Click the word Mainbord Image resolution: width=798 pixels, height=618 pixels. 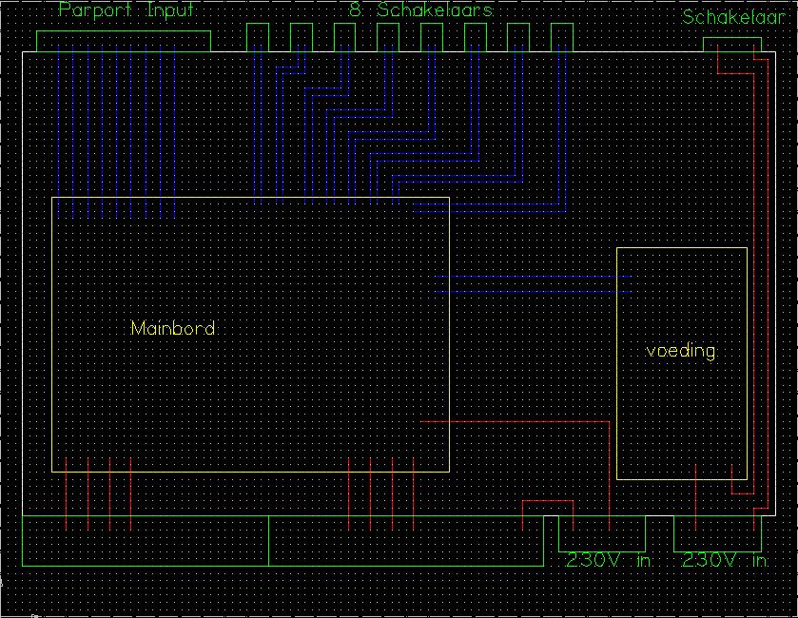[173, 328]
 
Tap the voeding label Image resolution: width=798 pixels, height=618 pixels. [681, 351]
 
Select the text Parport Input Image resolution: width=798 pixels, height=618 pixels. [127, 10]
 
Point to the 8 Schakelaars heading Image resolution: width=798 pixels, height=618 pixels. [421, 10]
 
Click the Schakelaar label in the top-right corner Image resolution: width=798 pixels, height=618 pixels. [733, 17]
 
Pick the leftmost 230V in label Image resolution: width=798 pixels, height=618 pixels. [609, 560]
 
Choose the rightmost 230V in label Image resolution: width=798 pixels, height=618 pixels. [725, 560]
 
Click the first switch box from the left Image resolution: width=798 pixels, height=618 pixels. [258, 24]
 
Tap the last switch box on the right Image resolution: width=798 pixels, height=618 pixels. [562, 24]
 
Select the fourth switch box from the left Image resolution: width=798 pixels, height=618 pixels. [388, 24]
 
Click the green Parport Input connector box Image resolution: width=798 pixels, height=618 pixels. [124, 31]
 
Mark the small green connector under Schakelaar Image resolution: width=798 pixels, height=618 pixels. [732, 38]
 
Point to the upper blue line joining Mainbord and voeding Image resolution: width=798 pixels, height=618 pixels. [533, 277]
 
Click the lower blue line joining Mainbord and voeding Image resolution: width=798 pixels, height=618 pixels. [533, 292]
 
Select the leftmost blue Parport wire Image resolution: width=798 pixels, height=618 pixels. [59, 131]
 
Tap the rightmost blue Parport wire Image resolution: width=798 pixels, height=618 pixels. [175, 131]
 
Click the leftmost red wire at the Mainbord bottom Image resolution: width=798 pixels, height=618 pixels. [67, 493]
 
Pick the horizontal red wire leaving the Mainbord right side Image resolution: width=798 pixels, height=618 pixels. [515, 421]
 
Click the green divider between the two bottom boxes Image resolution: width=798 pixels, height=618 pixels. [269, 541]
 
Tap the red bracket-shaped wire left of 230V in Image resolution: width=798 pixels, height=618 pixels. [548, 501]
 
